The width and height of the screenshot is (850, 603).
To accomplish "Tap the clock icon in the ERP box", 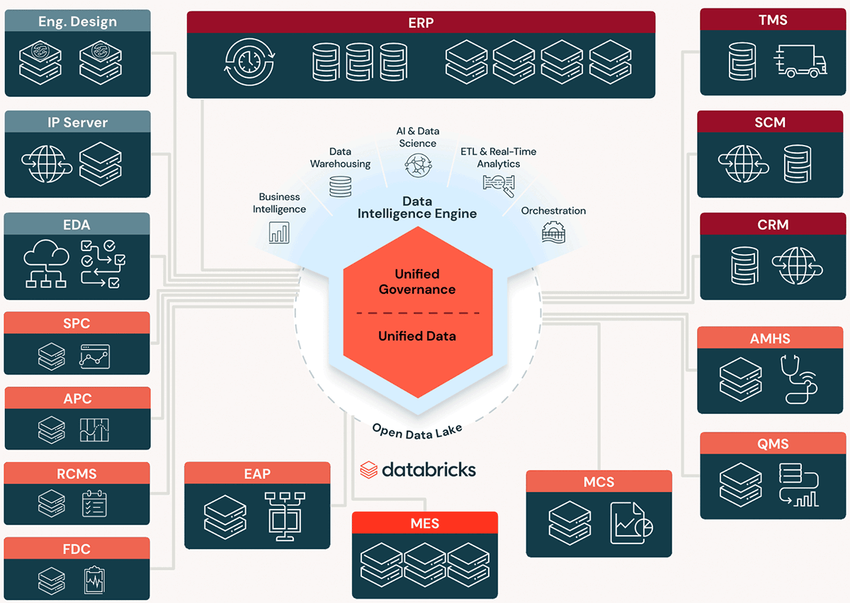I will [x=249, y=62].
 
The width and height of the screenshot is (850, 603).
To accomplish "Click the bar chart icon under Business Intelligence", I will [x=279, y=232].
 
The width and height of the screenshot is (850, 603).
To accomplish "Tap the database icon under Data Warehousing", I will [x=340, y=186].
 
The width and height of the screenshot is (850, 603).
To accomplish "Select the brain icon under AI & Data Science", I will [x=417, y=165].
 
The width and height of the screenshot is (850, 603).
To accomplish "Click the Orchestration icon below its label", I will [x=553, y=232].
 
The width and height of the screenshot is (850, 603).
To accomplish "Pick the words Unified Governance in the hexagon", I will [x=417, y=282].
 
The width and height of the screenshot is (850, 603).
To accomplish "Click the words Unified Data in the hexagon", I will [x=417, y=336].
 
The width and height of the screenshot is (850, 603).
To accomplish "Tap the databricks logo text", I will [x=428, y=469].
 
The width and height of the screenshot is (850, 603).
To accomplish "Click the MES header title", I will [x=425, y=524].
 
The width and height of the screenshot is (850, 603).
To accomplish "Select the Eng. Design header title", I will [x=77, y=22].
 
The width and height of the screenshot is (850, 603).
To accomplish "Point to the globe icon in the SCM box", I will [x=739, y=163].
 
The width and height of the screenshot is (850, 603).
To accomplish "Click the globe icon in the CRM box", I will [x=797, y=265].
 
